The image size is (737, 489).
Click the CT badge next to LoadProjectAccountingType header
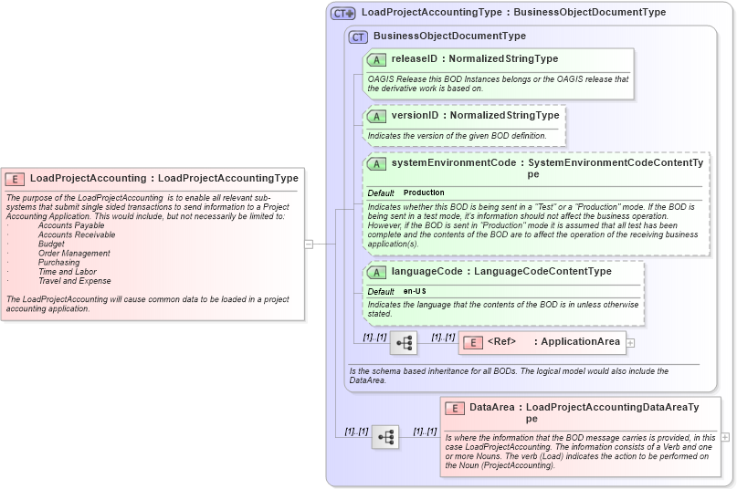pos(342,13)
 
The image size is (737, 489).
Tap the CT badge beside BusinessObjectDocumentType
pos(358,36)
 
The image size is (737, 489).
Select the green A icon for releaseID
pos(376,59)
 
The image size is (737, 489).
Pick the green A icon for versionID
pos(376,117)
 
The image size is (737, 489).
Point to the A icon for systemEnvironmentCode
pos(376,164)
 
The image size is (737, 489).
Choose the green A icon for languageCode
pos(376,272)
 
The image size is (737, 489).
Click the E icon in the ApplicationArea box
pos(473,343)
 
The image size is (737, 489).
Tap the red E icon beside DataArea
pos(455,408)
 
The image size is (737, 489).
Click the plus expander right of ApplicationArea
pos(630,343)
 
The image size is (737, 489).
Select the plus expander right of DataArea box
pos(725,437)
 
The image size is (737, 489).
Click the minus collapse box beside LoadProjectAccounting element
pos(309,244)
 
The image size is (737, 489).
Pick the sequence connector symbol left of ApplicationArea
pos(403,344)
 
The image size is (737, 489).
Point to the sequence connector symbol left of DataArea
pos(385,437)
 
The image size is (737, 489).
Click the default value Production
pos(424,193)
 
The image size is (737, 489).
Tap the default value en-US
pos(415,291)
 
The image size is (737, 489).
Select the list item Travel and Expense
pos(75,281)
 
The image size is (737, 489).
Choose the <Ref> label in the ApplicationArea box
pos(501,342)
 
